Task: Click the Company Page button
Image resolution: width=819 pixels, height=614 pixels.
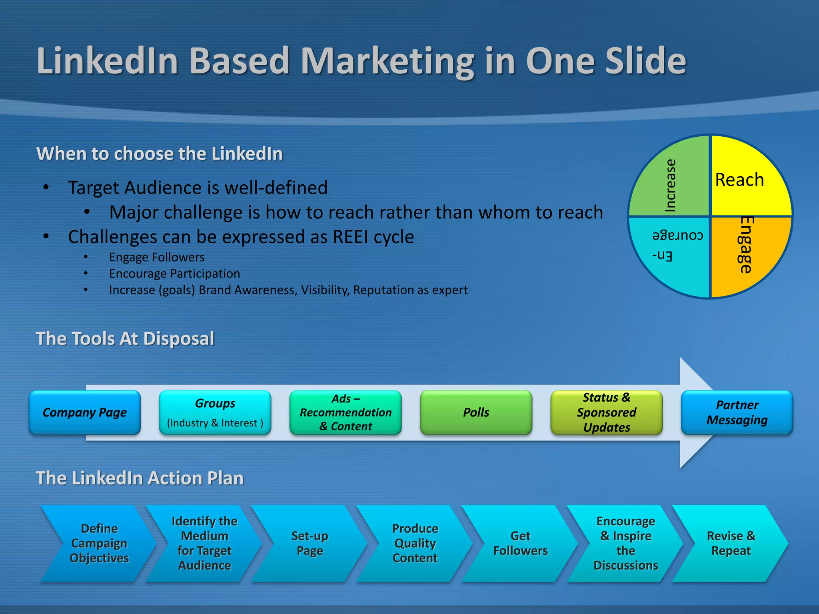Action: point(85,413)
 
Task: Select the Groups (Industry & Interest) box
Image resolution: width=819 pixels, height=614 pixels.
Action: point(215,413)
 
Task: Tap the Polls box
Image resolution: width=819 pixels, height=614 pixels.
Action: point(476,413)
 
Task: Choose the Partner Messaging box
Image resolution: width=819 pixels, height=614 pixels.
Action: point(737,413)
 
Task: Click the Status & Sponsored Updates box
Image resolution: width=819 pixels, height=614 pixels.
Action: point(606,413)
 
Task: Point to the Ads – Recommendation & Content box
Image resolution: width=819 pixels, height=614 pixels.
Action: point(346,413)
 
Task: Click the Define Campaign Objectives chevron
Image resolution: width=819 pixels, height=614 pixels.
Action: point(99,543)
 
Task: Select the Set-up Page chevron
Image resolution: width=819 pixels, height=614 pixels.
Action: point(310,543)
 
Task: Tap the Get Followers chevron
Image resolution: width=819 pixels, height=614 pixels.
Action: point(520,543)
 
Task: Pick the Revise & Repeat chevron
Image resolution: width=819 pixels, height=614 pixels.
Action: point(731,543)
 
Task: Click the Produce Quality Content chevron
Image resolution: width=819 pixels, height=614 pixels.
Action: point(415,543)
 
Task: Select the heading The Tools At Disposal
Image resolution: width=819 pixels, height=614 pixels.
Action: point(125,339)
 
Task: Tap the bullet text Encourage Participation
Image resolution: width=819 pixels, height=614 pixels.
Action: point(174,274)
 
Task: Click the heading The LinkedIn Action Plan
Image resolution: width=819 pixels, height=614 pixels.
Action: point(140,478)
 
